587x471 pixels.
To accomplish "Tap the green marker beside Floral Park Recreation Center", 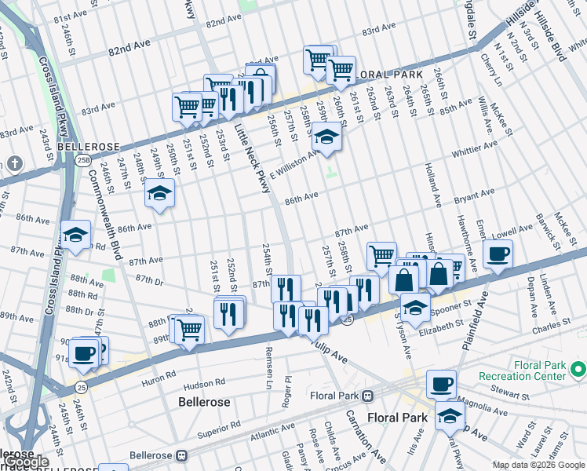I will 578,367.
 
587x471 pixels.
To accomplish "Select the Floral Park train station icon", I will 367,395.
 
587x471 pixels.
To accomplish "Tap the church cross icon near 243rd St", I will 14,163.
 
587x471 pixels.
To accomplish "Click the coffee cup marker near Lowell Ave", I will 498,254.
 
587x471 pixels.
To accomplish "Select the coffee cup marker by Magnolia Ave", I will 442,384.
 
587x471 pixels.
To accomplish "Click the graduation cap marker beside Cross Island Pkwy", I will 76,235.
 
